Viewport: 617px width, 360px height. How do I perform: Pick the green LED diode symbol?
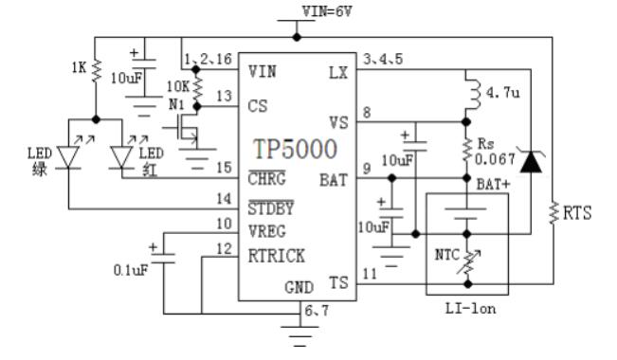click(x=69, y=155)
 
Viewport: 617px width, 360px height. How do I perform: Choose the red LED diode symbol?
click(x=121, y=155)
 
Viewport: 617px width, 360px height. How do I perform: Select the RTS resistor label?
click(x=576, y=213)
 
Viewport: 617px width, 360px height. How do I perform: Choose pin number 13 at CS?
click(x=223, y=97)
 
